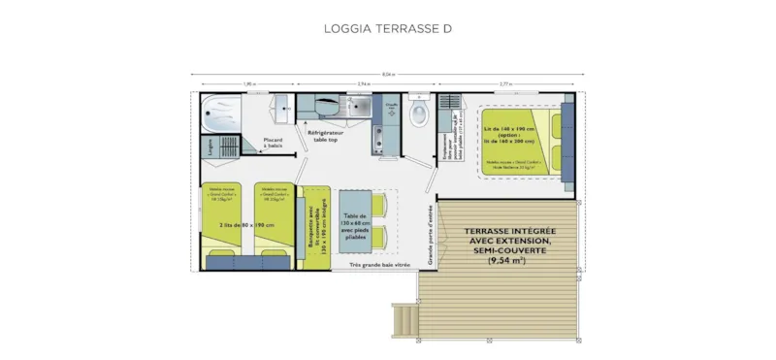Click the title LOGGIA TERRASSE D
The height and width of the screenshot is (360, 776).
click(387, 29)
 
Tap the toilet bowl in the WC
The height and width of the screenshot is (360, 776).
click(419, 115)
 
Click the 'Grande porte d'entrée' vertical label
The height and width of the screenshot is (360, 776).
click(431, 233)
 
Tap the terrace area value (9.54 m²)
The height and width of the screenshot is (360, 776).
click(507, 259)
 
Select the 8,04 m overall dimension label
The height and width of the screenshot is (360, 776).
click(388, 75)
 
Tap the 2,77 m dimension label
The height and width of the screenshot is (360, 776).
click(506, 83)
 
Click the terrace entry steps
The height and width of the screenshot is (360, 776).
click(404, 314)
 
